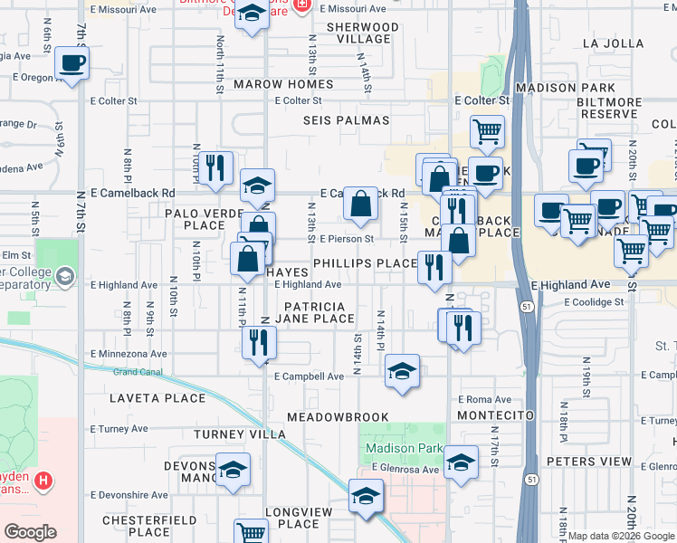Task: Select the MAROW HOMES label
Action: pos(283,84)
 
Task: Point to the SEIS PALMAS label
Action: pos(347,120)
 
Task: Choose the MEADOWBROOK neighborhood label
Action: pos(338,417)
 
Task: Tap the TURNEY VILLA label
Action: pos(240,434)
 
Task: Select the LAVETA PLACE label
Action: pos(146,397)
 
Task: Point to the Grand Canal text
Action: pos(138,372)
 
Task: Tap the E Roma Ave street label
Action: pos(485,399)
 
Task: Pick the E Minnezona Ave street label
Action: pos(129,354)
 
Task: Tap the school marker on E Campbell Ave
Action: pos(402,370)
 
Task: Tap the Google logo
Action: pos(30,532)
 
